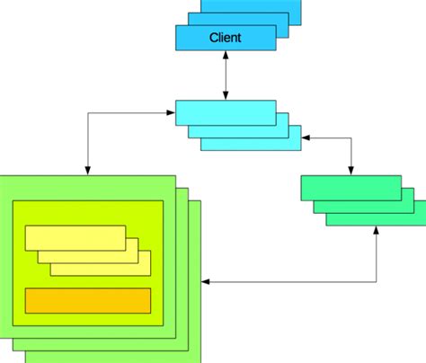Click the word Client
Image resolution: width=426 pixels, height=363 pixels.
click(226, 37)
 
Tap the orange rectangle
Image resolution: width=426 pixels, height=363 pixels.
click(87, 300)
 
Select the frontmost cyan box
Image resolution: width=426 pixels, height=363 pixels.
click(225, 111)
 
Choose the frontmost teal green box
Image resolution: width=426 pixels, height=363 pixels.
click(350, 187)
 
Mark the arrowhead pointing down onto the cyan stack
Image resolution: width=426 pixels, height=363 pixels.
click(226, 94)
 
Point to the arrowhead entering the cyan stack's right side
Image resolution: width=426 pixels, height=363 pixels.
click(306, 138)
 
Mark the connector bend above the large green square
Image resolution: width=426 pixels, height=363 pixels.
click(87, 112)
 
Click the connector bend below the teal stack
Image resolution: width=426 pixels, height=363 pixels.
click(375, 283)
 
